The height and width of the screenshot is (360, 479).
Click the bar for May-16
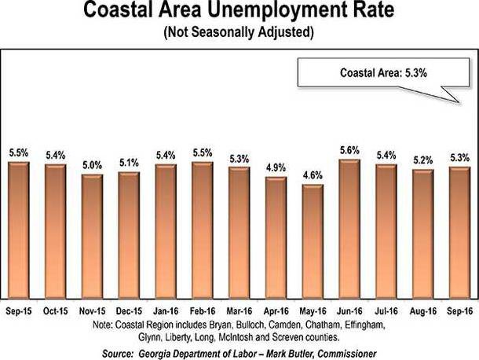313,239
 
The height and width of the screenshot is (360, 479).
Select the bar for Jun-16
349,227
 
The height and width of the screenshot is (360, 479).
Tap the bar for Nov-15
92,235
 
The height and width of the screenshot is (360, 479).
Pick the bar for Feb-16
202,229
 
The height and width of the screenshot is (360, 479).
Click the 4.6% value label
313,175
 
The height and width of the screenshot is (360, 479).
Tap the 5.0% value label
92,165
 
